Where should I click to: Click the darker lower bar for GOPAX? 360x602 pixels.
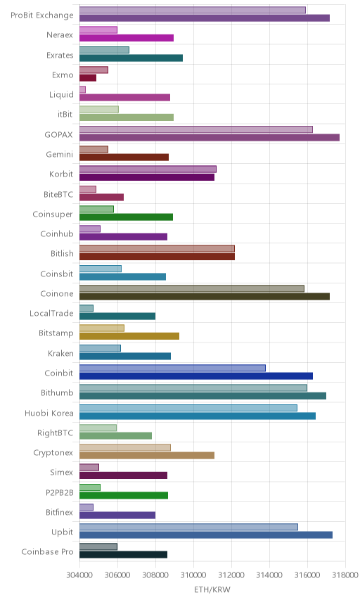click(x=209, y=137)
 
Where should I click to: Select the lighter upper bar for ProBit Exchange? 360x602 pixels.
click(x=192, y=10)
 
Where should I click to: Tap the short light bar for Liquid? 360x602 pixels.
click(x=82, y=89)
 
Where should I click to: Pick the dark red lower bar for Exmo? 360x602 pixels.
click(x=88, y=78)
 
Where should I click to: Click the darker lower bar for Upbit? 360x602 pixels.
click(x=206, y=534)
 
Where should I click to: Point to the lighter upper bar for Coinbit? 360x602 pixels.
click(x=172, y=368)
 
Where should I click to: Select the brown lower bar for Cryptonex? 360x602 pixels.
click(x=147, y=455)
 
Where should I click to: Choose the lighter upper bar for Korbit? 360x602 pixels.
click(x=148, y=169)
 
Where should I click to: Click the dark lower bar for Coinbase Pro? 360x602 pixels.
click(x=123, y=554)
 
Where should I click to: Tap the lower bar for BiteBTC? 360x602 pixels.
click(x=101, y=198)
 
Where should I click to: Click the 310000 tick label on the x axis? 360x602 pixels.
click(x=193, y=575)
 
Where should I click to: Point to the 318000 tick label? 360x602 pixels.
click(x=345, y=575)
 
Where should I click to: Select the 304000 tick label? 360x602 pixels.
click(x=80, y=575)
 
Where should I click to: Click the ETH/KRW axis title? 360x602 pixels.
click(x=212, y=589)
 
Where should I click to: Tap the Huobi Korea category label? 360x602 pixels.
click(x=49, y=413)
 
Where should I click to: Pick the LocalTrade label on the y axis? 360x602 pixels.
click(x=51, y=313)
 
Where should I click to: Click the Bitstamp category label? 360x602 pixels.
click(x=56, y=333)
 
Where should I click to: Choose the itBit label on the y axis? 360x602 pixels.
click(x=65, y=114)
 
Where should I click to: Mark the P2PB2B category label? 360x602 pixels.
click(x=60, y=492)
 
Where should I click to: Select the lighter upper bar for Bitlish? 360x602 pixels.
click(x=157, y=248)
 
